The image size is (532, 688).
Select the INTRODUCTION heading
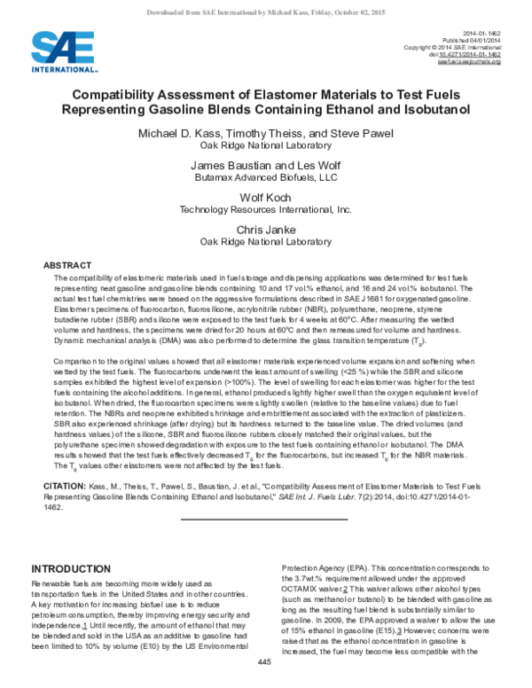pyautogui.click(x=74, y=568)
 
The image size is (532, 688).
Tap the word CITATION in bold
pyautogui.click(x=64, y=487)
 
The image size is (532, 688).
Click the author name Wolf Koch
pyautogui.click(x=266, y=197)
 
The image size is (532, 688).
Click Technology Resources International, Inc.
pyautogui.click(x=266, y=210)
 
